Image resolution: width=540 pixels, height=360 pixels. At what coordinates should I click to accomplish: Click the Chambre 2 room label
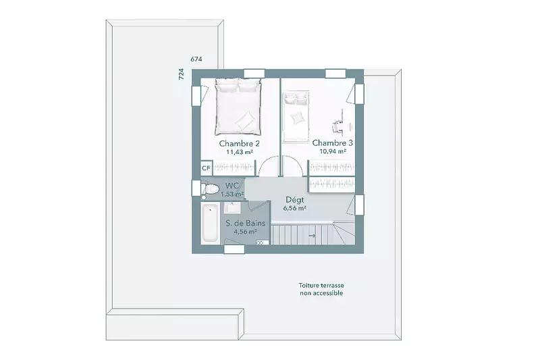240,143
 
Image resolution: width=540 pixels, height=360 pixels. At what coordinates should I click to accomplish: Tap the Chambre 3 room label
332,143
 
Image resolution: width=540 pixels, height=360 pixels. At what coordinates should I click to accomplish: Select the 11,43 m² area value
240,152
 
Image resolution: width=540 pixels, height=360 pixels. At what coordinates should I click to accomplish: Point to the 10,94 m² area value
333,151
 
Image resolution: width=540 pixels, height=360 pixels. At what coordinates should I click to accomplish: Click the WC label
232,186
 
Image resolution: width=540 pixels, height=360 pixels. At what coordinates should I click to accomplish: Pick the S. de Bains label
246,224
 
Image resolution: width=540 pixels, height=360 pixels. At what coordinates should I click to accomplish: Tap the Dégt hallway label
295,200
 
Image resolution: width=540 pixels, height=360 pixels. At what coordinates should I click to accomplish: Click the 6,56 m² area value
295,209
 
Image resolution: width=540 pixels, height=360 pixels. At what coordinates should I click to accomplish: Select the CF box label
206,168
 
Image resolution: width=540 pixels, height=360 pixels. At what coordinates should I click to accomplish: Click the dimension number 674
196,59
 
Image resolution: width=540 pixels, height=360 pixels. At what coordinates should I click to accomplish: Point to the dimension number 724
181,74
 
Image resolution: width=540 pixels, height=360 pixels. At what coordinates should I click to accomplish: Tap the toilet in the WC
210,189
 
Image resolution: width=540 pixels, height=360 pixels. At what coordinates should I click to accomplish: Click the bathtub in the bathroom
210,223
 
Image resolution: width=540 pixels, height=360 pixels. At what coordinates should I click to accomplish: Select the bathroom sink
232,208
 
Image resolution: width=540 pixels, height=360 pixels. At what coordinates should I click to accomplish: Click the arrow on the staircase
312,236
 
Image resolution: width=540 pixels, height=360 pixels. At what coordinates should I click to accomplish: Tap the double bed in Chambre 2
238,106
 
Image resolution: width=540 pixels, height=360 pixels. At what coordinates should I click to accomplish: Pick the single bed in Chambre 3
296,116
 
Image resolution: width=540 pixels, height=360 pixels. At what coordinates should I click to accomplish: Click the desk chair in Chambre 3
336,126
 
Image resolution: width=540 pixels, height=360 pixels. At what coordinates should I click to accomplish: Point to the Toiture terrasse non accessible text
321,289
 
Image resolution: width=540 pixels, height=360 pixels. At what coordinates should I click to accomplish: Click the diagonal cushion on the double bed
245,119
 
